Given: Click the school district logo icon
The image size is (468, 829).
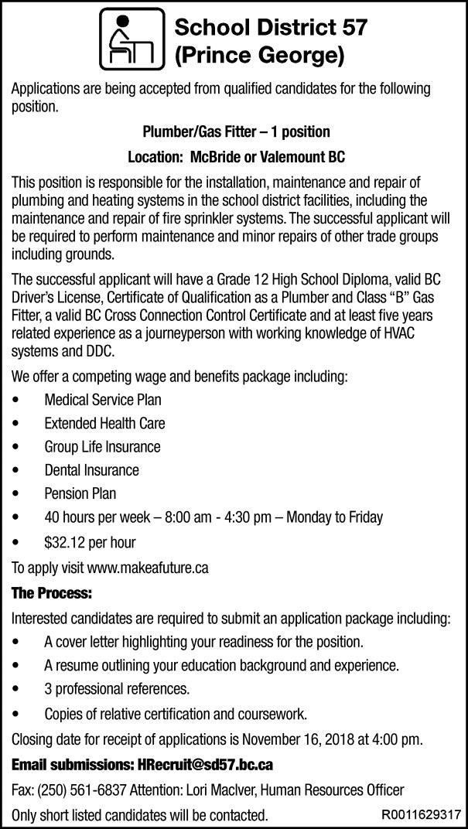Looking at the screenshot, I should [132, 38].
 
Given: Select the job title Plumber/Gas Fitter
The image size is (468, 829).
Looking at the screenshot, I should [197, 131].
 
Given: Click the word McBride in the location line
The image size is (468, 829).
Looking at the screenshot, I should [210, 156].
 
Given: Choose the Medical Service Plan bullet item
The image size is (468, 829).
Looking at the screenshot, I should [102, 401].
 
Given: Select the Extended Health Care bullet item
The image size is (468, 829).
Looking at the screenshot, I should [104, 424].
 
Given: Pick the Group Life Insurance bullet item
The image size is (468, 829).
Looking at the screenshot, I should [102, 447].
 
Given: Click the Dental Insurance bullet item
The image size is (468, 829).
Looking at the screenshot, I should [91, 470].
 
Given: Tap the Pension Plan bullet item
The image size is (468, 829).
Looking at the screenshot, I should [80, 493].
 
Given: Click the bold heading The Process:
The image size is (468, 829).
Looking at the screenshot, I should [52, 594].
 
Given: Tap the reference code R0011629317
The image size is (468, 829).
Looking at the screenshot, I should [421, 814].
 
